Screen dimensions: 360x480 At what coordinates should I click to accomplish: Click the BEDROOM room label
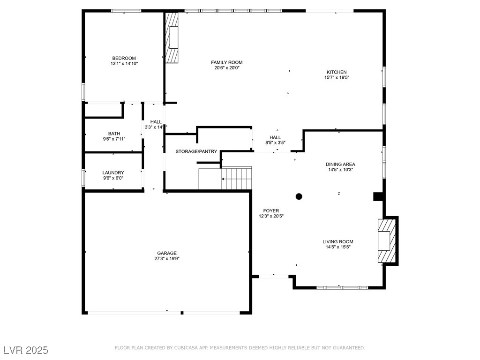pyautogui.click(x=124, y=58)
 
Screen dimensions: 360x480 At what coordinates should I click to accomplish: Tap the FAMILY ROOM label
pyautogui.click(x=226, y=62)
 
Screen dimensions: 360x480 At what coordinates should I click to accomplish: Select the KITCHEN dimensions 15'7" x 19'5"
pyautogui.click(x=337, y=78)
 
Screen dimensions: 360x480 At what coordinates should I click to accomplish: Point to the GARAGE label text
pyautogui.click(x=167, y=253)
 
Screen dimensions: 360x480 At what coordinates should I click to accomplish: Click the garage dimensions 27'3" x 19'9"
pyautogui.click(x=167, y=259)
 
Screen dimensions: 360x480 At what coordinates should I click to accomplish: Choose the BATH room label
pyautogui.click(x=114, y=133)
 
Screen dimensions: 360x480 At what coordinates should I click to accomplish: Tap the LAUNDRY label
pyautogui.click(x=113, y=172)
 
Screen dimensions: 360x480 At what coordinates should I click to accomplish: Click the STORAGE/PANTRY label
pyautogui.click(x=196, y=151)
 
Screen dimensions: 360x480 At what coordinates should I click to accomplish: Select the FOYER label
pyautogui.click(x=271, y=211)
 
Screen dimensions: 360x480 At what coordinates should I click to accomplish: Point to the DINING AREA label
pyautogui.click(x=340, y=164)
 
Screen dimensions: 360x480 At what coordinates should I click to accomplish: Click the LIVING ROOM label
pyautogui.click(x=337, y=242)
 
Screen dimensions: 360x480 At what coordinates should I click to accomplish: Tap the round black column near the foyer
pyautogui.click(x=299, y=196)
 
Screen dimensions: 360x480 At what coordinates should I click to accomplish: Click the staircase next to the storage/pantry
pyautogui.click(x=236, y=179)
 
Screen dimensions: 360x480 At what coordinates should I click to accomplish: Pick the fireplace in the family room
pyautogui.click(x=172, y=37)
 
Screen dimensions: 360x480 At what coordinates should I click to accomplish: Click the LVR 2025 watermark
pyautogui.click(x=26, y=350)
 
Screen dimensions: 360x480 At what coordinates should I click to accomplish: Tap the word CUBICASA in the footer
pyautogui.click(x=191, y=348)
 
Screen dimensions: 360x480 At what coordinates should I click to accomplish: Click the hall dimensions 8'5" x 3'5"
pyautogui.click(x=275, y=143)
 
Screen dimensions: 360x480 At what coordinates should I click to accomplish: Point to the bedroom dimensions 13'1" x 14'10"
pyautogui.click(x=124, y=63)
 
